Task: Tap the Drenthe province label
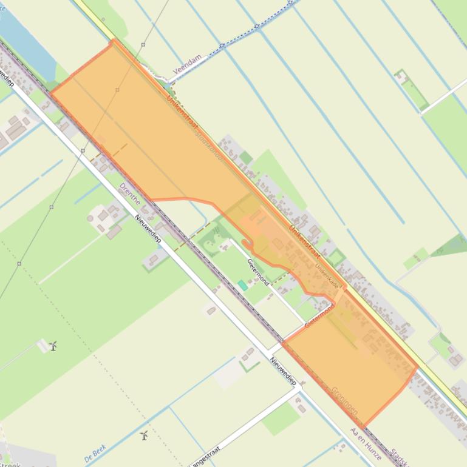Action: (x=131, y=193)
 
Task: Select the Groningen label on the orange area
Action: (x=345, y=400)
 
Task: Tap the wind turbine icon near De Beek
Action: (x=145, y=435)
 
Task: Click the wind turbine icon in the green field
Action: (x=53, y=346)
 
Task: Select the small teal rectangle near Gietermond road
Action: (x=243, y=284)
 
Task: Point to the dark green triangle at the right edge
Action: (x=452, y=246)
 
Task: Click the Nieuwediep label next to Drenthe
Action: (x=148, y=229)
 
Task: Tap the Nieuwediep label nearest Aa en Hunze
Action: (x=283, y=371)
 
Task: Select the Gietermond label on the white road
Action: (x=259, y=271)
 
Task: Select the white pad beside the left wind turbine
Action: (x=44, y=346)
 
